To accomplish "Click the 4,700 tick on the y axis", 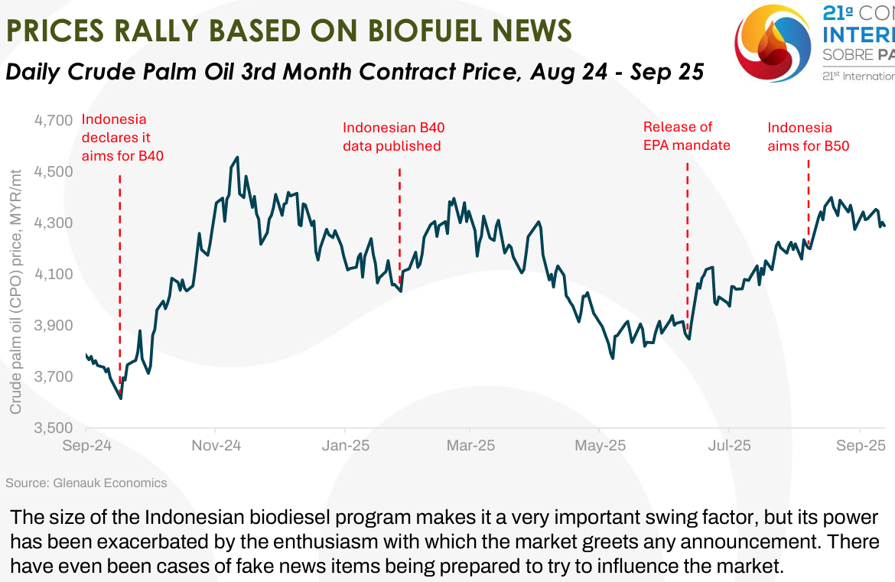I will coord(54,120).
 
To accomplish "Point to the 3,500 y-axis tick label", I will coord(54,428).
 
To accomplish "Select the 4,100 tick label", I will coord(54,274).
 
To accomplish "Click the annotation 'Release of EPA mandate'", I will coord(686,136).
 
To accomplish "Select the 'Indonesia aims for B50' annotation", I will coord(809,136).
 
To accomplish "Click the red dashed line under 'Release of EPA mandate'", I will coord(687,245).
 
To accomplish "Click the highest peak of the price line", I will coord(238,158).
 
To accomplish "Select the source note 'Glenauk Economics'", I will coord(109,483).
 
